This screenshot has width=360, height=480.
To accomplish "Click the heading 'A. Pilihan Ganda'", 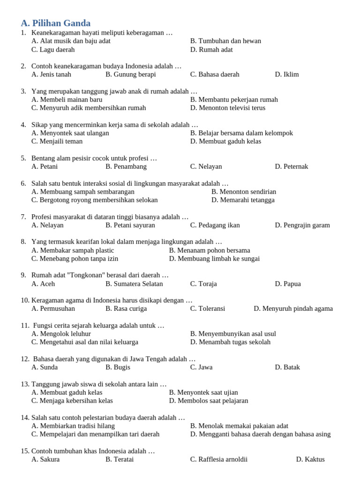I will (x=56, y=23).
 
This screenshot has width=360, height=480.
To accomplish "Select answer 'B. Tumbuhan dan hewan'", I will (x=225, y=41).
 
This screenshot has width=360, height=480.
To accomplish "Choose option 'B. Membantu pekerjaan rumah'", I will (x=234, y=99).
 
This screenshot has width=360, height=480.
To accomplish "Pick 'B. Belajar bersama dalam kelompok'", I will (x=241, y=133).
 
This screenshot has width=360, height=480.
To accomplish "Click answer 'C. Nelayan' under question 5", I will (x=206, y=166).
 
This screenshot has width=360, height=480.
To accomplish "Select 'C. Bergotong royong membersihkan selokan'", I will (x=95, y=200).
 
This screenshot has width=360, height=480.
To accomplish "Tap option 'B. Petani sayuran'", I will (x=130, y=225).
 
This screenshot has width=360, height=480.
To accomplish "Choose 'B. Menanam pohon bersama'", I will (x=210, y=250).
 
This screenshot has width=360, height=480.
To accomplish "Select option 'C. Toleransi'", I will (x=208, y=308).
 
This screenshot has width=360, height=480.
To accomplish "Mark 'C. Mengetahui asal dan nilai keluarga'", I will (x=85, y=342).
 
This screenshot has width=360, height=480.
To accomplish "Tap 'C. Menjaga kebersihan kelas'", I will (x=72, y=401).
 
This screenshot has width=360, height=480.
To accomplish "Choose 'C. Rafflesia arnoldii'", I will (x=219, y=459).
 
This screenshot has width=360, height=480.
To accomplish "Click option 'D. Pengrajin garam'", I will (x=302, y=225).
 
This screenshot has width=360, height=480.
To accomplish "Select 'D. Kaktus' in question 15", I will (x=310, y=459).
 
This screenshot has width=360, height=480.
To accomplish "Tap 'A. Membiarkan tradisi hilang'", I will (x=73, y=426).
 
